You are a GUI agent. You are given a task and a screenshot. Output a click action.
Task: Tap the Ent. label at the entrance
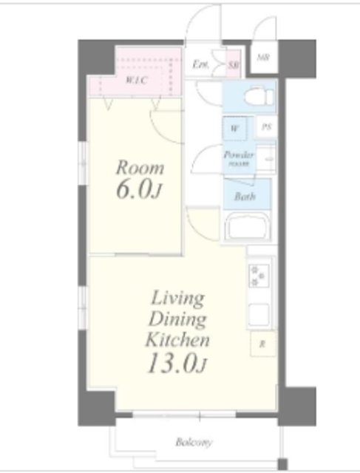point(200,65)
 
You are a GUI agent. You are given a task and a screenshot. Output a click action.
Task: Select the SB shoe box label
point(233,65)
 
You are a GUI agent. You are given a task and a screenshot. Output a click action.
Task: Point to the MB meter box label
point(263,57)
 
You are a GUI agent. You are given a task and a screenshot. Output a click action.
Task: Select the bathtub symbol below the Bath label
point(248,226)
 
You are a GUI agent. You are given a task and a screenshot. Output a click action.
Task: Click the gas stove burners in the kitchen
point(259,276)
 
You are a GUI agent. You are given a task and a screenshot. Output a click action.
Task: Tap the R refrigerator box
point(262,344)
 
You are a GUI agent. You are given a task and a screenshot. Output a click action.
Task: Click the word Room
point(139,167)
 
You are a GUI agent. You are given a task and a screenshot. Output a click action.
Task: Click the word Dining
point(177,319)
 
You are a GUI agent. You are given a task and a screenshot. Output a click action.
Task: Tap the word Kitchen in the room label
point(177,341)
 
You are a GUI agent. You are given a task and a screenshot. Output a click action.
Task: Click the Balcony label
point(194,443)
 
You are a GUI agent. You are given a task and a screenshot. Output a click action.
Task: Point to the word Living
point(177,298)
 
